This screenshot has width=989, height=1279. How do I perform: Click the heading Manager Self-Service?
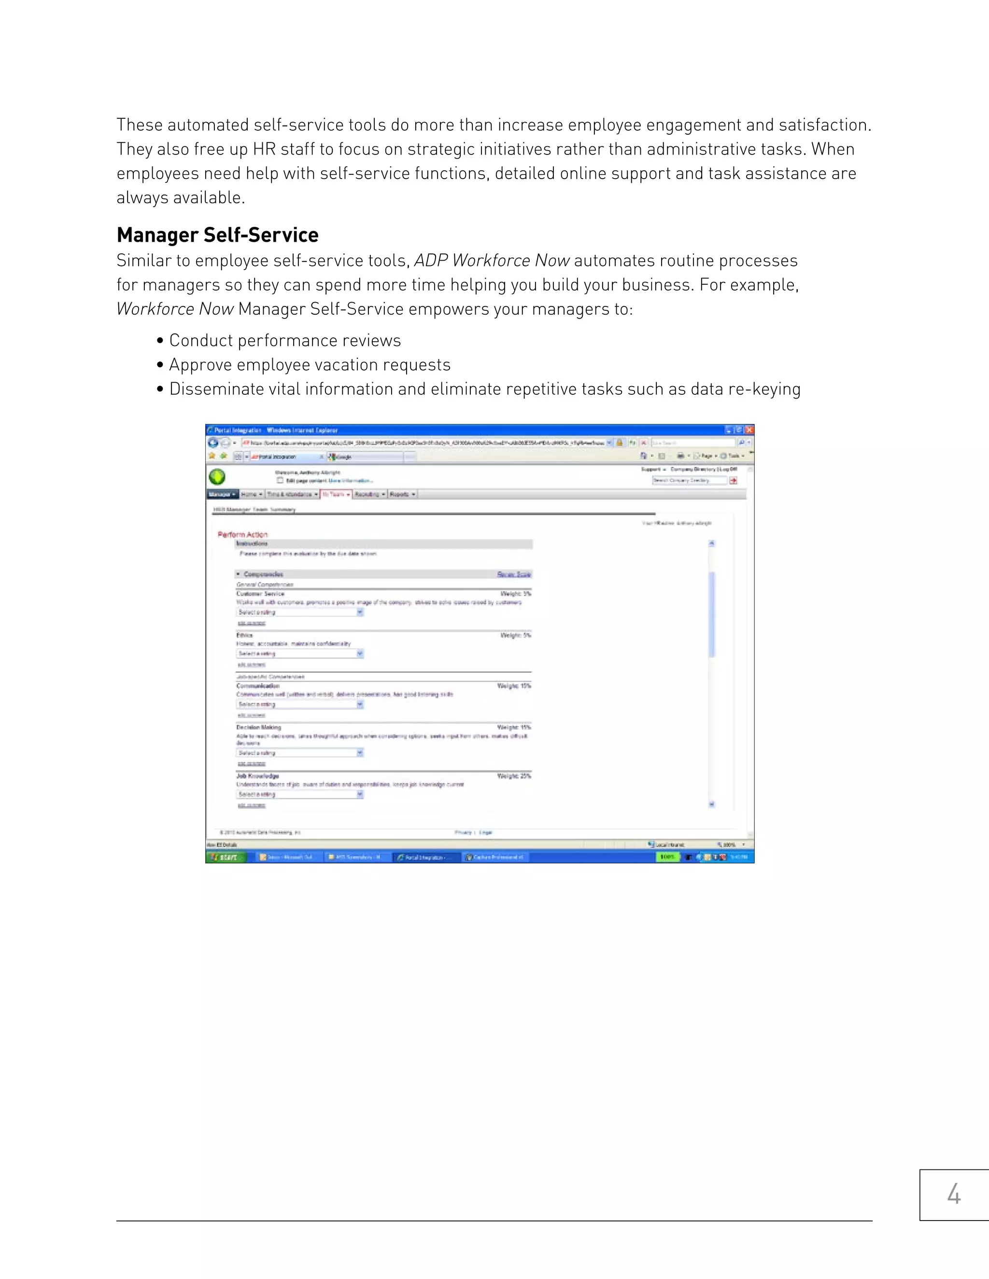point(217,235)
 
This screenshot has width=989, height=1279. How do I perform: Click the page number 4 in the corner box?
point(954,1194)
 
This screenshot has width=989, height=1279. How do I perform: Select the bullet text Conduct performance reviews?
point(285,341)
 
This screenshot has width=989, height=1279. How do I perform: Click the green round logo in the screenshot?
point(217,477)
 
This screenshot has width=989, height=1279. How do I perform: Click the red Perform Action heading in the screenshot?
point(242,534)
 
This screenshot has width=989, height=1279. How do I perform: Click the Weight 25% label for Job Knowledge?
point(514,776)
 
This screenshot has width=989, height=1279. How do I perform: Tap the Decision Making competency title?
point(258,727)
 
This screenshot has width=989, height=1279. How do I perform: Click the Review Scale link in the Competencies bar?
point(514,574)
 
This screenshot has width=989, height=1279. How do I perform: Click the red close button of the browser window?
point(749,430)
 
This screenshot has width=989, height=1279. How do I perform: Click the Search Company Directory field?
point(689,480)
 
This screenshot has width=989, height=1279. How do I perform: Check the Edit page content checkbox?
point(280,480)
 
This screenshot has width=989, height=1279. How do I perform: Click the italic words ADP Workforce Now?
point(492,261)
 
